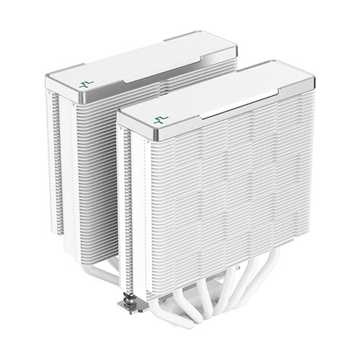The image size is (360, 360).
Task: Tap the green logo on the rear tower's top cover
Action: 86,83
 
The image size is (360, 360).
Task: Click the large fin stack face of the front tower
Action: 230,194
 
